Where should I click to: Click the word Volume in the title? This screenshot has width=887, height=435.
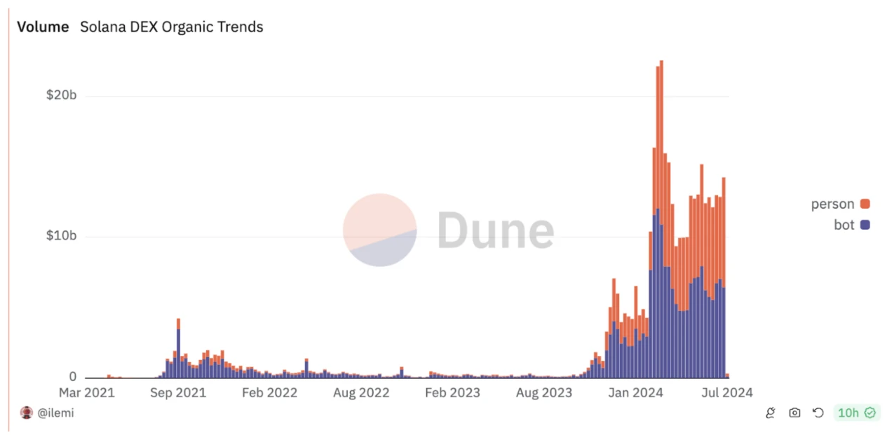click(43, 27)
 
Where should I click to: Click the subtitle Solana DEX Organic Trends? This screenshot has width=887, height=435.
click(171, 27)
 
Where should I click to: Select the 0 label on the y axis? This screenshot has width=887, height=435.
click(72, 377)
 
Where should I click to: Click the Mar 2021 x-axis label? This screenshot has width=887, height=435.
click(86, 392)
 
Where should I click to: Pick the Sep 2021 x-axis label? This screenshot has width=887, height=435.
click(177, 392)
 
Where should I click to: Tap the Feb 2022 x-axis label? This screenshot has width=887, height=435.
click(269, 392)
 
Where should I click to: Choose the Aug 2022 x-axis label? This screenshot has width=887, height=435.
click(360, 392)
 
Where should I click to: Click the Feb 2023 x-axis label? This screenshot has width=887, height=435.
click(452, 392)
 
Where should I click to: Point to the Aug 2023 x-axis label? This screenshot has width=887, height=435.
click(543, 392)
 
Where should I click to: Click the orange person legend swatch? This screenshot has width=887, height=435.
click(865, 204)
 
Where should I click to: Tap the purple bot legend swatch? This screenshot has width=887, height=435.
click(865, 225)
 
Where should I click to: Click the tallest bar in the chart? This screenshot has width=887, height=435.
click(661, 210)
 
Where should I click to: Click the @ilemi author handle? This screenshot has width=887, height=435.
click(55, 413)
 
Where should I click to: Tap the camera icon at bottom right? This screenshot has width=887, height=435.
click(794, 413)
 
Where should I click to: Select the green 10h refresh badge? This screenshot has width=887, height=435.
click(855, 413)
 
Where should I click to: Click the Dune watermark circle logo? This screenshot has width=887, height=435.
click(380, 230)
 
